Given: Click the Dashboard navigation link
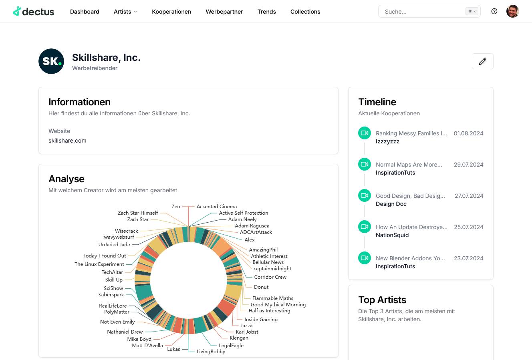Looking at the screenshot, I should (85, 12).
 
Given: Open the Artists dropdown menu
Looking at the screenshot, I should (125, 12).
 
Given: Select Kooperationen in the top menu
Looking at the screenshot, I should (171, 12).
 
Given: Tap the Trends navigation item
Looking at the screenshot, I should (266, 12).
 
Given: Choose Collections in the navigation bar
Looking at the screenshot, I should (305, 12).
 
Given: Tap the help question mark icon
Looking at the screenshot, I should (494, 11).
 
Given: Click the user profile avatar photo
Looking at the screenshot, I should (512, 11).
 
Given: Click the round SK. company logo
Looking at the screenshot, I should (51, 61).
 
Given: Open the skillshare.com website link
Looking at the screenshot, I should (67, 141).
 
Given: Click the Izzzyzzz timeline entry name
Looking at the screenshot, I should (387, 141).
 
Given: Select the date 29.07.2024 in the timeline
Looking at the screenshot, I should (468, 165).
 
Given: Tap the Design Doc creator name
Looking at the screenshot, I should (391, 204).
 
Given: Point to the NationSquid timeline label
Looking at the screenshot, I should (392, 235).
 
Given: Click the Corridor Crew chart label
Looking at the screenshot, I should (270, 277).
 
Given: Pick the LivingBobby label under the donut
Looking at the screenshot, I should (211, 352).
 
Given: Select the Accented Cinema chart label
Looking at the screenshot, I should (216, 207).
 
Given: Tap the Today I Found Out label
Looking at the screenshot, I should (105, 256).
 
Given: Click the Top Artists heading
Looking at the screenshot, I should (382, 300).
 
